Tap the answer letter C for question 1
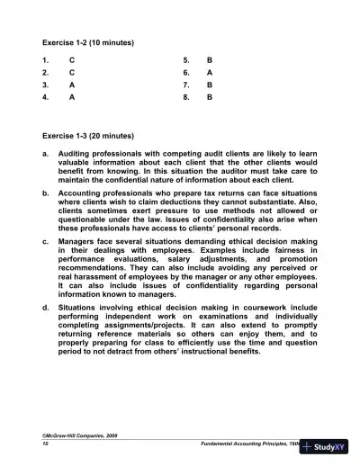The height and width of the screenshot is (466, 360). coord(72,60)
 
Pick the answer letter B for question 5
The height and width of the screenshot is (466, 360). coord(210,60)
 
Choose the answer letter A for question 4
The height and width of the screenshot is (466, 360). coord(72,95)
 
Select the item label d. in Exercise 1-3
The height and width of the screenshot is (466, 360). coord(46,309)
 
